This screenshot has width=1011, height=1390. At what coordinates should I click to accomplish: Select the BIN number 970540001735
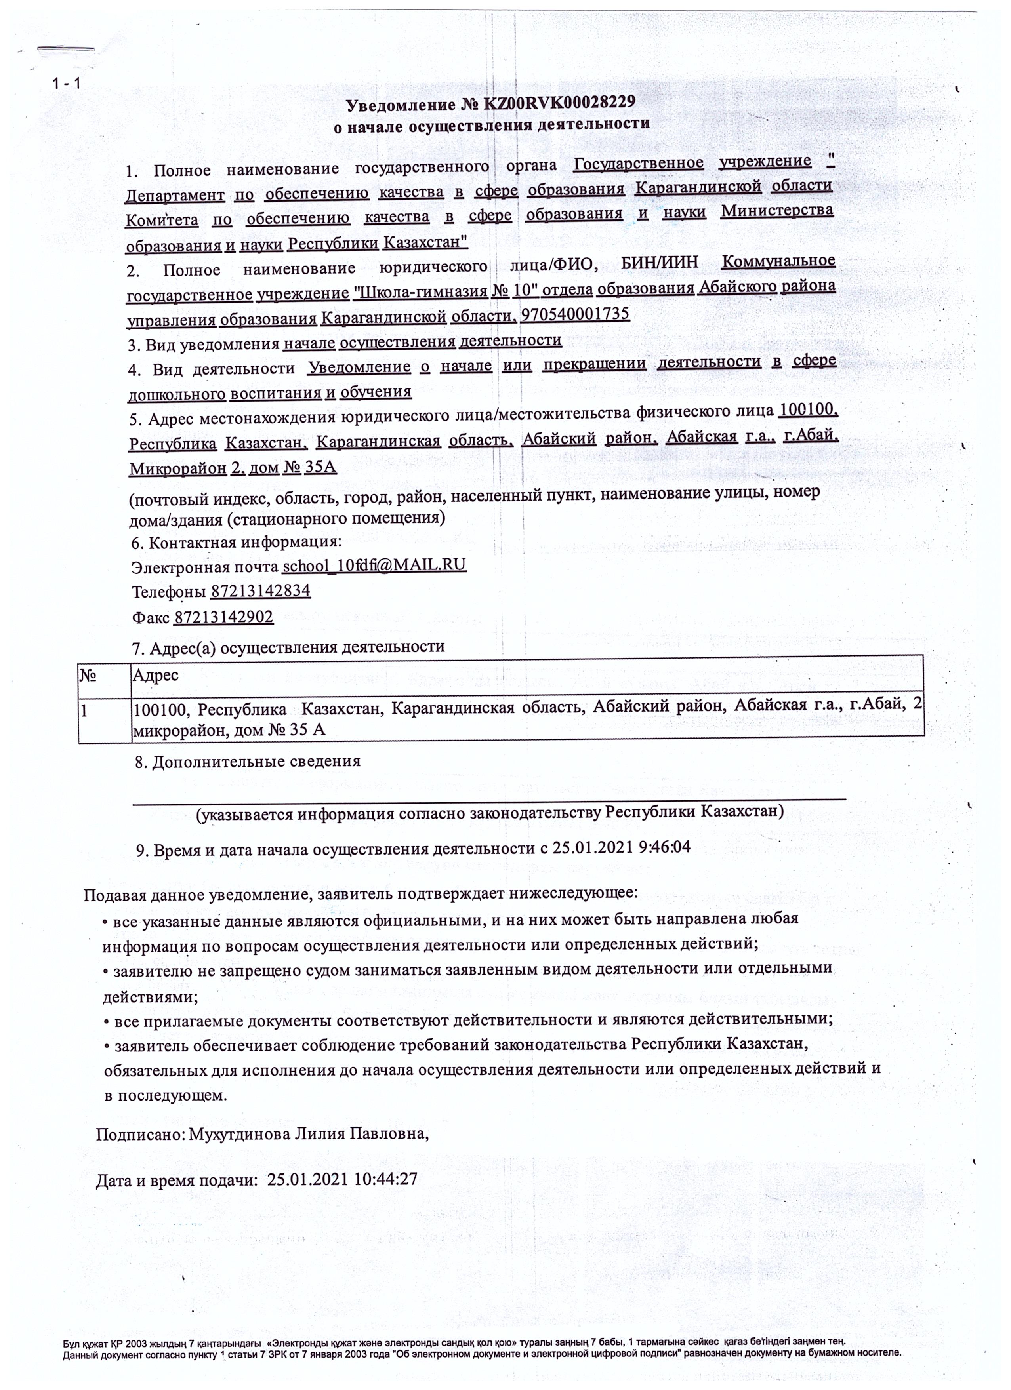574,314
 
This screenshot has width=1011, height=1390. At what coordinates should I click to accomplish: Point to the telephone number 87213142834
261,591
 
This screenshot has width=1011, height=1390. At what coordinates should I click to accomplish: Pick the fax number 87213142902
224,617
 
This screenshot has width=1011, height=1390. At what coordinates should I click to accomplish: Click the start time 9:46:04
665,847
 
